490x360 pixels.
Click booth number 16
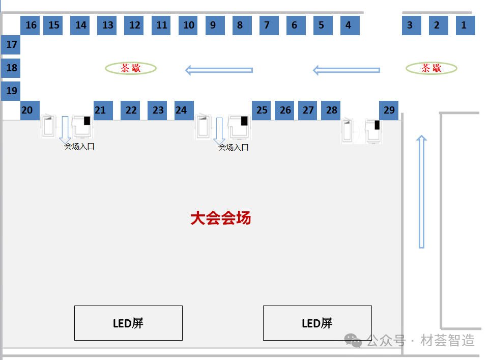31,25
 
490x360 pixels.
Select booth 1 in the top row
465,25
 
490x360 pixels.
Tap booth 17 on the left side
11,45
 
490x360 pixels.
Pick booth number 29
389,110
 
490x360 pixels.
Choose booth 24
181,110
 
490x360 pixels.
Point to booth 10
189,25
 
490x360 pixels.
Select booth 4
349,25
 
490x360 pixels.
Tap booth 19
11,91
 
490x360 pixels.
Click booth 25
262,110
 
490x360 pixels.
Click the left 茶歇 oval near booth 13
131,68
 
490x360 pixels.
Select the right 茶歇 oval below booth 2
431,68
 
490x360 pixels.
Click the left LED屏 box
128,323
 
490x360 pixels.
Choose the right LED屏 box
317,323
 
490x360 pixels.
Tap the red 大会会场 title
220,218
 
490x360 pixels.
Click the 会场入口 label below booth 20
79,147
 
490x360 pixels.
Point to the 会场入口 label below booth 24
234,148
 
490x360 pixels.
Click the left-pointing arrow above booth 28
347,70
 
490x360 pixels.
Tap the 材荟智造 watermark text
448,340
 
